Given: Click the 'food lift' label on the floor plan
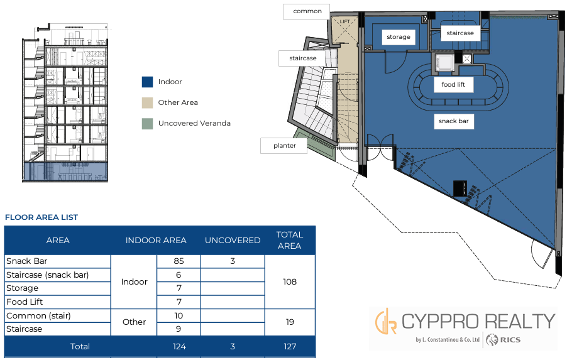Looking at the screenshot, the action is tap(453, 85).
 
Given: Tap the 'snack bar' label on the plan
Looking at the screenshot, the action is tap(453, 121).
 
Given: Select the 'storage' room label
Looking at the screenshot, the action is tap(399, 37).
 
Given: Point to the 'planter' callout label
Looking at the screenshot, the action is tap(284, 146).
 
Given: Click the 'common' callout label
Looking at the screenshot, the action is tap(307, 11).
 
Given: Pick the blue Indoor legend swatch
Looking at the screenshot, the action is tap(147, 82).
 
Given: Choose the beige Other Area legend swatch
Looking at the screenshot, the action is tap(147, 102).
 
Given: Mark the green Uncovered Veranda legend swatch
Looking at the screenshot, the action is tap(147, 124).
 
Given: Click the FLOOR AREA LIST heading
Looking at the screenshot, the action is tap(41, 217).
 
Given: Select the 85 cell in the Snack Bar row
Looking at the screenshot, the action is tap(179, 261).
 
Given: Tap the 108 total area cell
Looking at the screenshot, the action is tap(290, 281).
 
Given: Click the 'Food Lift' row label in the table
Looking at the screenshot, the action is tap(25, 302).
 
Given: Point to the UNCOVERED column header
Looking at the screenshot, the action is tap(233, 241).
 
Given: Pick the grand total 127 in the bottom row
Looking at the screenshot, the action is tap(290, 347).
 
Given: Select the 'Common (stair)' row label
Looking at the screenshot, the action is tap(38, 315).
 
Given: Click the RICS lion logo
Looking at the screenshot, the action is tap(492, 340).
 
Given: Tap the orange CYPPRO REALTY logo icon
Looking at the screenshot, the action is tap(385, 321).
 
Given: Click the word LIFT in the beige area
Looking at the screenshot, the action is tap(344, 22).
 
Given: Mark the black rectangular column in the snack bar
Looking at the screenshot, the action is tap(460, 188).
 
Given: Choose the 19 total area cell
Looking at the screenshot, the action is tap(290, 322).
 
